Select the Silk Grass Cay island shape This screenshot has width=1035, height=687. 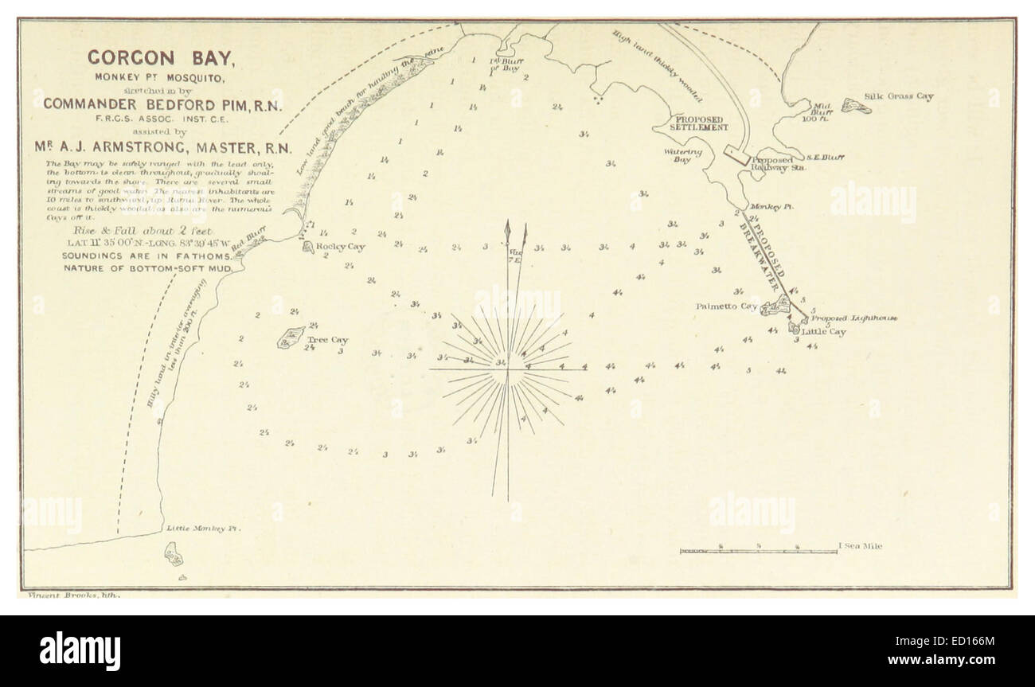point(856,104)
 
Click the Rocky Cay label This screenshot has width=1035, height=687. point(341,247)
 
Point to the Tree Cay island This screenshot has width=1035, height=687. point(290,338)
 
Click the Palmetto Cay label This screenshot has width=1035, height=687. point(726,306)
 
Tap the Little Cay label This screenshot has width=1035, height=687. point(823,331)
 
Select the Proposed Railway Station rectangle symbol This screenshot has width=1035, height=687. point(736,154)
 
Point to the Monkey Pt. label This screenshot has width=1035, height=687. point(779,205)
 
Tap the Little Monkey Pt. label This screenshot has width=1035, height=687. point(202,528)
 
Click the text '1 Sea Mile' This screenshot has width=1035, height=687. point(860,546)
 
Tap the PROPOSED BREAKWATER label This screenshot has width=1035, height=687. point(765,256)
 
